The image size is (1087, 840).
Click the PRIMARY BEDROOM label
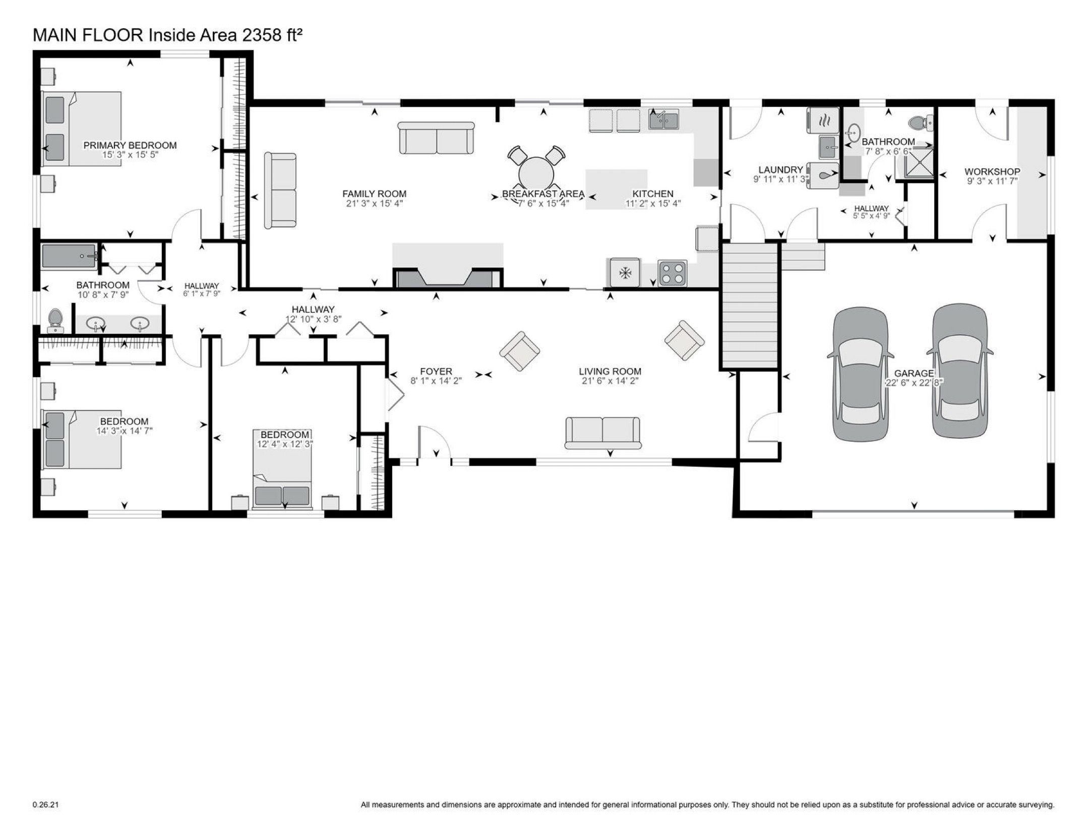click(130, 146)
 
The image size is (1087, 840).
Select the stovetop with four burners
click(673, 273)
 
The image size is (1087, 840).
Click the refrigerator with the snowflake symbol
click(625, 273)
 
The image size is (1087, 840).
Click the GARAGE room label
click(914, 373)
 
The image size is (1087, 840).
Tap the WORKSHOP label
click(992, 172)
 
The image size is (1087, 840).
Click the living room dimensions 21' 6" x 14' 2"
click(610, 381)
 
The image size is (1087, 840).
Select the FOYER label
click(436, 372)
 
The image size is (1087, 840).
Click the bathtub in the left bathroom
click(70, 256)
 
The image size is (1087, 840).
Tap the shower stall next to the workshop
click(915, 162)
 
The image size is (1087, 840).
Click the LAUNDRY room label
click(780, 170)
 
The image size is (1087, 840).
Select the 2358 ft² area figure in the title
click(272, 35)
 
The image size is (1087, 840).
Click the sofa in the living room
click(603, 433)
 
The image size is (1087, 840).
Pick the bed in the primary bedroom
click(82, 129)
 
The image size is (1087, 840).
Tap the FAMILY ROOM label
click(374, 194)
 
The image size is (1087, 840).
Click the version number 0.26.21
click(45, 805)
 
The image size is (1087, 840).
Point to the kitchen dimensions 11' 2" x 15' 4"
click(653, 204)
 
